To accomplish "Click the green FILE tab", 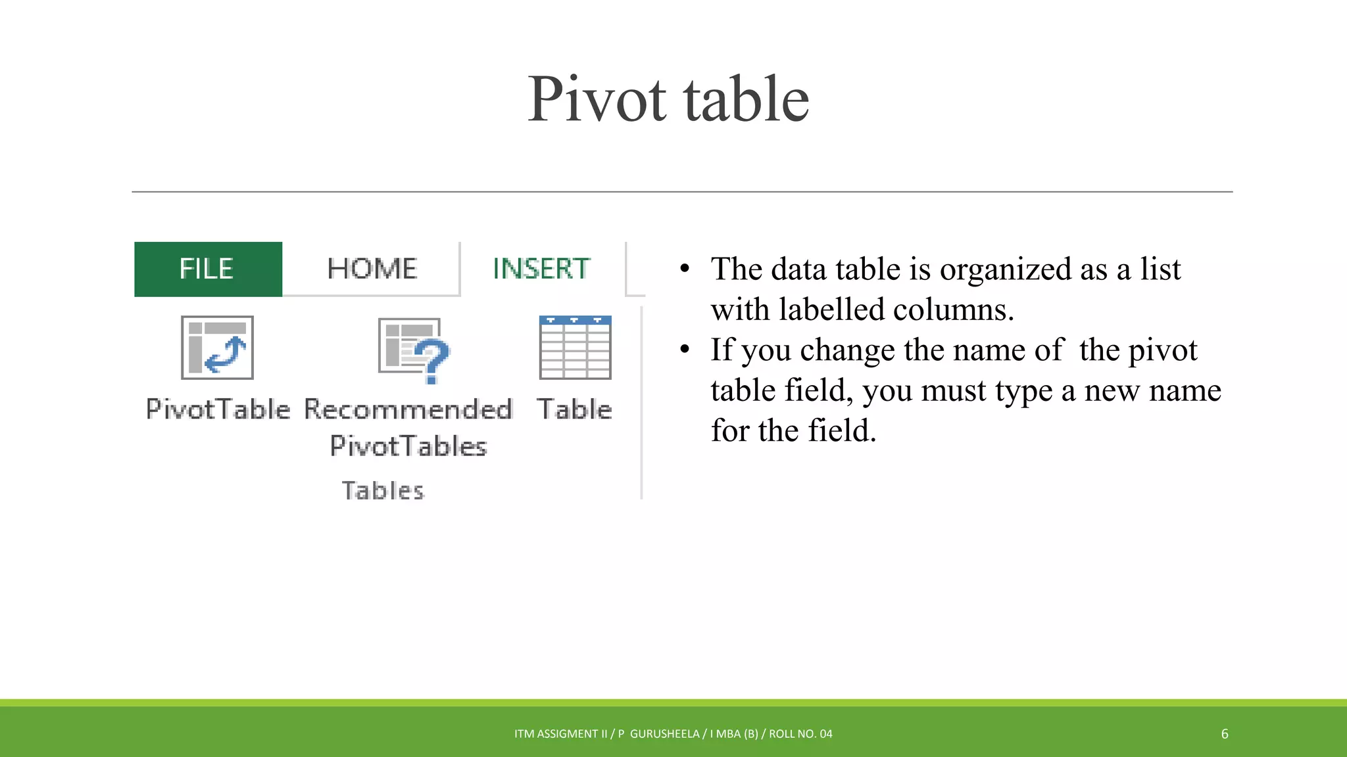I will coord(207,269).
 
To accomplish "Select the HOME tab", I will coord(372,269).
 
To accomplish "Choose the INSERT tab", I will coord(541,269).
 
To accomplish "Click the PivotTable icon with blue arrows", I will coord(218,348).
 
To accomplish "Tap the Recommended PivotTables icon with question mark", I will coord(413,350).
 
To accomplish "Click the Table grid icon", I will coord(575,348).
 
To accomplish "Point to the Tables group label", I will coord(383,491).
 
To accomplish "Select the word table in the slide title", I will coord(746,99).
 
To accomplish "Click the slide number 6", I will coord(1225,734).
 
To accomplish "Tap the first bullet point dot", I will coord(685,269).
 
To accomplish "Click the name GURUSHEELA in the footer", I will coord(664,734).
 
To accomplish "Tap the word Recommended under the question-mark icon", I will coord(408,409).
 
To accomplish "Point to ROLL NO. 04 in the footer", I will coord(800,734).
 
